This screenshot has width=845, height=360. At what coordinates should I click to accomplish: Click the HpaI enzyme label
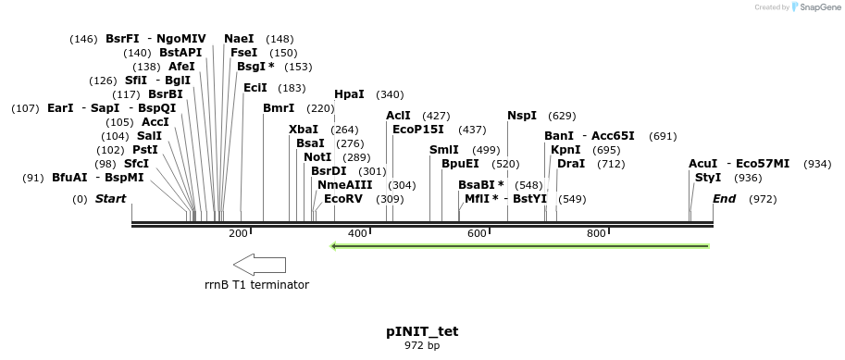349,94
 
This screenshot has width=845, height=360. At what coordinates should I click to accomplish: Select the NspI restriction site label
522,116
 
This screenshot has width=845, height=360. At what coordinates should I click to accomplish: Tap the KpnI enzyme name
565,150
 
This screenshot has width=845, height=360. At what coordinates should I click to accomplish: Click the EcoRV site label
343,199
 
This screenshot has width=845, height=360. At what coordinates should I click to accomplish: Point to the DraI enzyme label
571,164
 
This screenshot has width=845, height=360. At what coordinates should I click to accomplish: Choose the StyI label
708,178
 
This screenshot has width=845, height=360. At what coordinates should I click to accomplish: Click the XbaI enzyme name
304,130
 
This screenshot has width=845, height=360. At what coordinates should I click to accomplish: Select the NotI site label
317,157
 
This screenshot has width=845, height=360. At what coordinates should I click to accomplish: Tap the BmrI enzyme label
278,108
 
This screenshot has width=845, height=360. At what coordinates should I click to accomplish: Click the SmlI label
444,150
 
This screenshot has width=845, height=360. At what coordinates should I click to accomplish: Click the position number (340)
390,94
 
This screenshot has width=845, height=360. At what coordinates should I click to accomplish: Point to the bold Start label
110,199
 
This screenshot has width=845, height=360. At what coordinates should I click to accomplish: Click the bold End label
725,199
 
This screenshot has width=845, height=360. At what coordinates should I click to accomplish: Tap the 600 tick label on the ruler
477,233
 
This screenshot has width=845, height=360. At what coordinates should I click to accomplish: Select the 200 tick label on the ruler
238,233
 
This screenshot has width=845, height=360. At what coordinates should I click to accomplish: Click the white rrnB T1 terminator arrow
258,264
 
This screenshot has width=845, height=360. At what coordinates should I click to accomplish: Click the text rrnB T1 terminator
257,285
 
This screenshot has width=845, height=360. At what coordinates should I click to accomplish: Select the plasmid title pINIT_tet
422,331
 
